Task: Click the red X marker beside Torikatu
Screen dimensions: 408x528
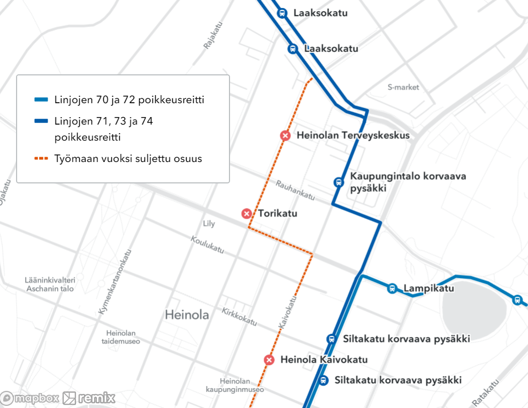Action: tap(247, 214)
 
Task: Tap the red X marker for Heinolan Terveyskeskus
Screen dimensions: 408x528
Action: tap(285, 136)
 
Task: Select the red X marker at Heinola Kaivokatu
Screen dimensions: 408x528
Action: tap(270, 360)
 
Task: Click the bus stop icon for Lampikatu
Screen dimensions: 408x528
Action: tap(392, 289)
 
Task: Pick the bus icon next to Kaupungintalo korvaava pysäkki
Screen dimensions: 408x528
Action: tap(338, 182)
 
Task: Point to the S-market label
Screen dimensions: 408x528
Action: tap(403, 87)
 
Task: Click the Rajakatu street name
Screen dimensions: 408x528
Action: tap(212, 35)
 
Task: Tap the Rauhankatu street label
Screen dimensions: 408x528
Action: tap(295, 190)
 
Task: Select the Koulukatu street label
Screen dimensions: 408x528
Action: tap(207, 245)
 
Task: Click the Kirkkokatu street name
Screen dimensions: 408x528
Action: tap(239, 317)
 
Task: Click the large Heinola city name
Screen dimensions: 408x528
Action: tap(187, 315)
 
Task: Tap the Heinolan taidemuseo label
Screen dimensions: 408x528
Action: tap(120, 337)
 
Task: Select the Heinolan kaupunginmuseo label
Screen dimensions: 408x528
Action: tap(235, 385)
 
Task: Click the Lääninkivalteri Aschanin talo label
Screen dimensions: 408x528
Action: tap(49, 284)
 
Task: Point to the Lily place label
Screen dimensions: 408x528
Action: tap(209, 224)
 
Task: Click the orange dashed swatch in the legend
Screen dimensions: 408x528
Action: tap(41, 159)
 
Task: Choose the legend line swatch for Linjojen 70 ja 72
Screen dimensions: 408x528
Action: tap(41, 100)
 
